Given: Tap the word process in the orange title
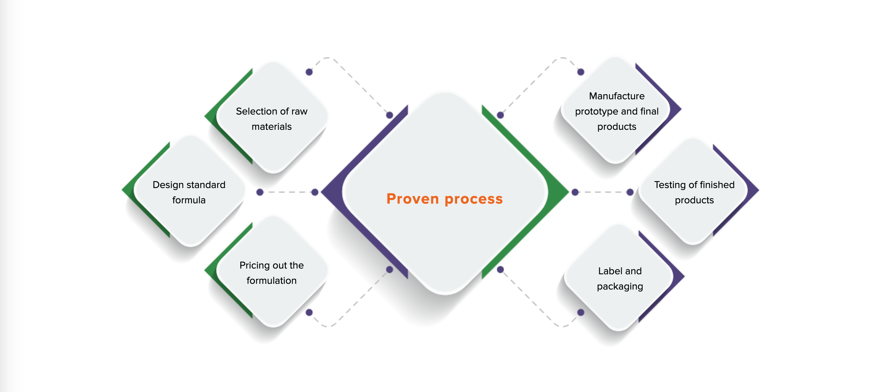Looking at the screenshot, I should click(x=474, y=199).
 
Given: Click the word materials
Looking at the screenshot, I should click(x=271, y=127).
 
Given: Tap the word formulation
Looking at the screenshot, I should click(x=271, y=281).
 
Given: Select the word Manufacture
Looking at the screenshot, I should click(x=617, y=96).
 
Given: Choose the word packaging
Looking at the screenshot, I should click(x=620, y=287).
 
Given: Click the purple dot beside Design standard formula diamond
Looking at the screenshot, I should click(x=260, y=192).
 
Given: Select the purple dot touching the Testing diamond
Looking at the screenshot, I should click(x=630, y=192).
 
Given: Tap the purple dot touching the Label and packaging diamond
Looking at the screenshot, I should click(x=581, y=312).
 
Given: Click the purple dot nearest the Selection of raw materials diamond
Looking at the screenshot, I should click(x=309, y=72).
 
